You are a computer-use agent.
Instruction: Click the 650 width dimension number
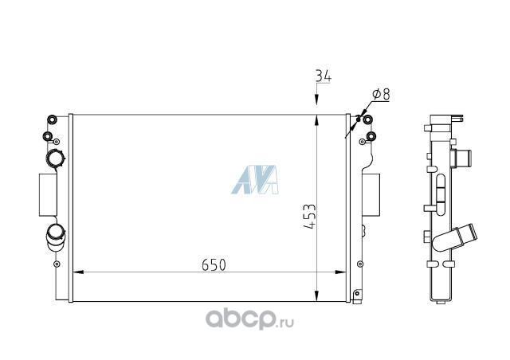214,264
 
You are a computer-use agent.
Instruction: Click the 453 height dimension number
310,217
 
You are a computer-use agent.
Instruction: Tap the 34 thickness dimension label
324,76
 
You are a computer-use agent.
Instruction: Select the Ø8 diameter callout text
381,94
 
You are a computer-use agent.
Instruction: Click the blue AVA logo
255,180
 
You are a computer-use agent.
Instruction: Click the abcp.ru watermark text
249,319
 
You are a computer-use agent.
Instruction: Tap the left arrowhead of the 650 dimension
79,272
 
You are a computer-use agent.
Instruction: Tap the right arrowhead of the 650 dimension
340,272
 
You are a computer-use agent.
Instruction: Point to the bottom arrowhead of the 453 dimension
316,295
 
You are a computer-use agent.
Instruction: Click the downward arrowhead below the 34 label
316,100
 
